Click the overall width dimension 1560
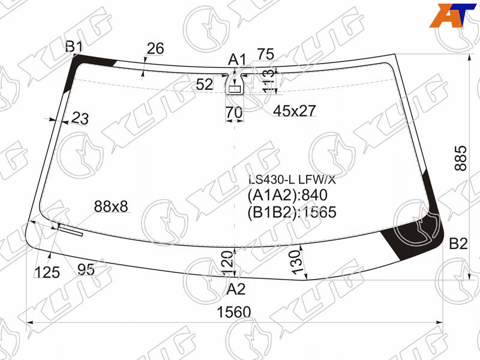click(233, 312)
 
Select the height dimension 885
click(461, 158)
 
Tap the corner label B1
click(74, 47)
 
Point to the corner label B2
click(458, 244)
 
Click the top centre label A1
click(237, 59)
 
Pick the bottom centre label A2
click(236, 289)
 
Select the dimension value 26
click(155, 49)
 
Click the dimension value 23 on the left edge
click(80, 118)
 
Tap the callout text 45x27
click(294, 111)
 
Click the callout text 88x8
click(111, 206)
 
